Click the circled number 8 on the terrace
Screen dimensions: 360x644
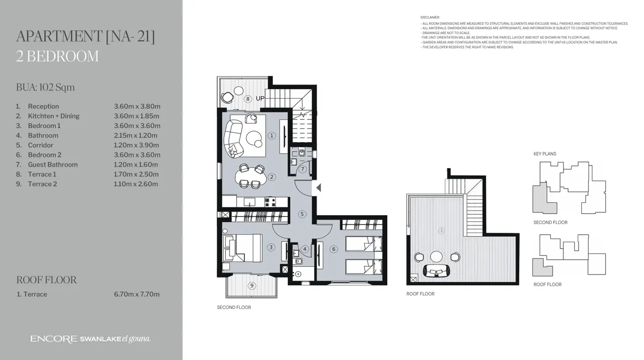point(248,99)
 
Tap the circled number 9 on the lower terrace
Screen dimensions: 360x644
point(252,285)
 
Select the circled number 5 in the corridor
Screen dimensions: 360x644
point(302,214)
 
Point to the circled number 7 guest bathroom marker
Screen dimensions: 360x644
point(303,169)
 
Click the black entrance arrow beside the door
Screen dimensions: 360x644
point(319,187)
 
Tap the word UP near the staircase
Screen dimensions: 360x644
point(260,98)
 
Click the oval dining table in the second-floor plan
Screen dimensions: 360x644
point(251,176)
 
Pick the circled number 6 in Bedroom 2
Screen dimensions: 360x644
point(334,249)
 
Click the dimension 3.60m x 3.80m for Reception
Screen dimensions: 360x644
point(137,106)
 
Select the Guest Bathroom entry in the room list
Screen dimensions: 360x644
point(53,165)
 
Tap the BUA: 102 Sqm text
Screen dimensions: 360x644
point(45,87)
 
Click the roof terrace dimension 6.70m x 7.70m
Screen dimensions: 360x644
point(136,294)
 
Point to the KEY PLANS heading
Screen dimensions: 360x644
point(544,154)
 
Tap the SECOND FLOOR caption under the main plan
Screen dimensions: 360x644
point(234,307)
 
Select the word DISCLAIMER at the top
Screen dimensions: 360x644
point(430,17)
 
